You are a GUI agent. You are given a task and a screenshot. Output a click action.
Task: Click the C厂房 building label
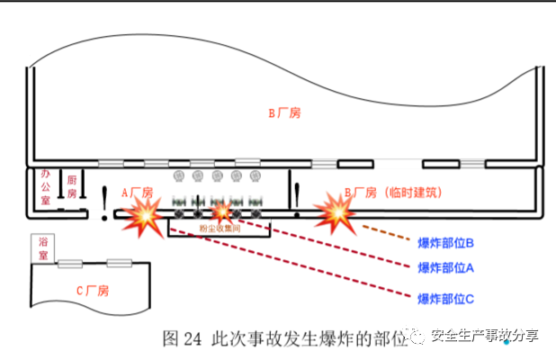coord(91,290)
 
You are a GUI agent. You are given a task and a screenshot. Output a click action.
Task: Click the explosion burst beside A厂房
coord(144,217)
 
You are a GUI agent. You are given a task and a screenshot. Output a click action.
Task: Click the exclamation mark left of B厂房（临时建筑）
coord(297,196)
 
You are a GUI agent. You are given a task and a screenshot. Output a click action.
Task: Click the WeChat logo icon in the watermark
coord(417,337)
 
